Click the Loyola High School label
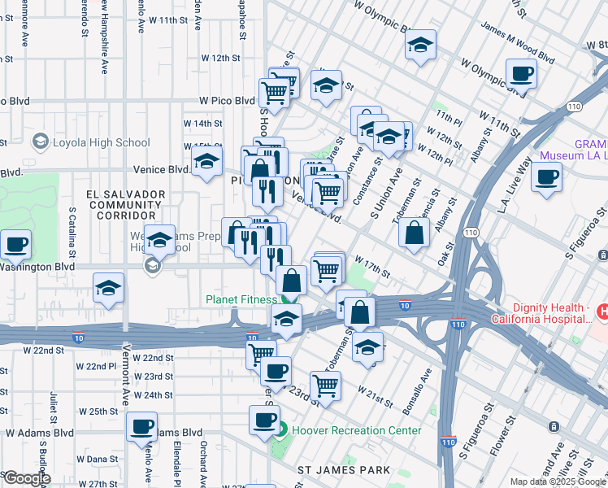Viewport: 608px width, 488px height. pyautogui.click(x=101, y=142)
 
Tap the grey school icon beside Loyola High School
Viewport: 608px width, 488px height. pyautogui.click(x=40, y=142)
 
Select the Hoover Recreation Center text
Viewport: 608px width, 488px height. pyautogui.click(x=358, y=430)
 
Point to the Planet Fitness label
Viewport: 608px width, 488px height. pyautogui.click(x=241, y=299)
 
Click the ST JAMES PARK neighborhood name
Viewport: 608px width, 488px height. pyautogui.click(x=344, y=470)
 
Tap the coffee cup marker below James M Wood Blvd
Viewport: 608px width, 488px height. pyautogui.click(x=522, y=74)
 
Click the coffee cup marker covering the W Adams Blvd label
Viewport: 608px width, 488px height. pyautogui.click(x=142, y=425)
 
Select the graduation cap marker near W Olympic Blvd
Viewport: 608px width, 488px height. pyautogui.click(x=420, y=45)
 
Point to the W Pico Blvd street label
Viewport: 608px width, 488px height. pyautogui.click(x=228, y=101)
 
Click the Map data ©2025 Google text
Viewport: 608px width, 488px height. pyautogui.click(x=558, y=481)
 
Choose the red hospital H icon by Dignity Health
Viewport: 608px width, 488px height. pyautogui.click(x=602, y=311)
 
